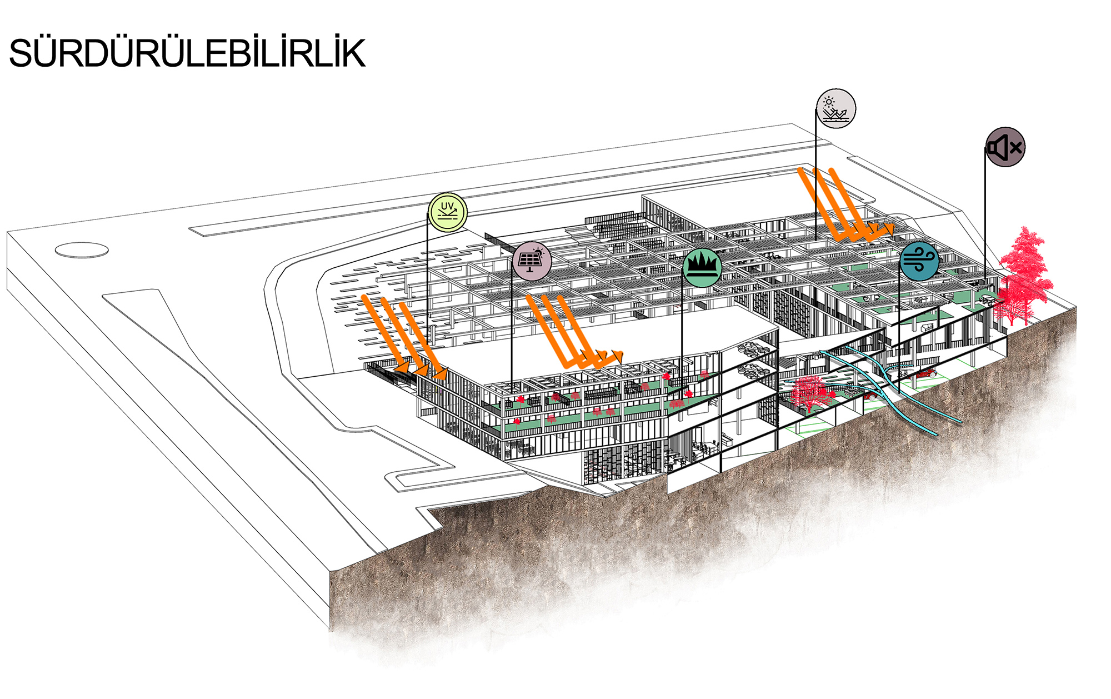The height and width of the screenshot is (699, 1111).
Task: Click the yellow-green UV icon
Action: [x=448, y=212]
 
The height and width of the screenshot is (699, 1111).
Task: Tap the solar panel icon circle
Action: [x=532, y=261]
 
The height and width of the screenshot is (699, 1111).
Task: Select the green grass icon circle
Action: [x=702, y=268]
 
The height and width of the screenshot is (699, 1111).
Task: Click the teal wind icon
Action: [x=919, y=261]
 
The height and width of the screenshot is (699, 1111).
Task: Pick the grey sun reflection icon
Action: [x=836, y=108]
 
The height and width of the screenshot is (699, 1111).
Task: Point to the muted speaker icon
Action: [x=1005, y=147]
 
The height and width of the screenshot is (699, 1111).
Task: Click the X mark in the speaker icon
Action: [x=1016, y=148]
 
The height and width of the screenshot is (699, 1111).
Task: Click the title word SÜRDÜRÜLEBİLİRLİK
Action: [x=187, y=54]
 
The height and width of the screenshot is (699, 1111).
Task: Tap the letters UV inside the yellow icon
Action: [x=447, y=207]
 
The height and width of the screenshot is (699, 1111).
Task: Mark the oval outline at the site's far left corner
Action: [x=82, y=250]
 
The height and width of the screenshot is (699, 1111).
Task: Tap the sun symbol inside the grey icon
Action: [x=829, y=102]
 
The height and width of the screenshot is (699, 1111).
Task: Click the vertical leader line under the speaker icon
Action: [x=985, y=222]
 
